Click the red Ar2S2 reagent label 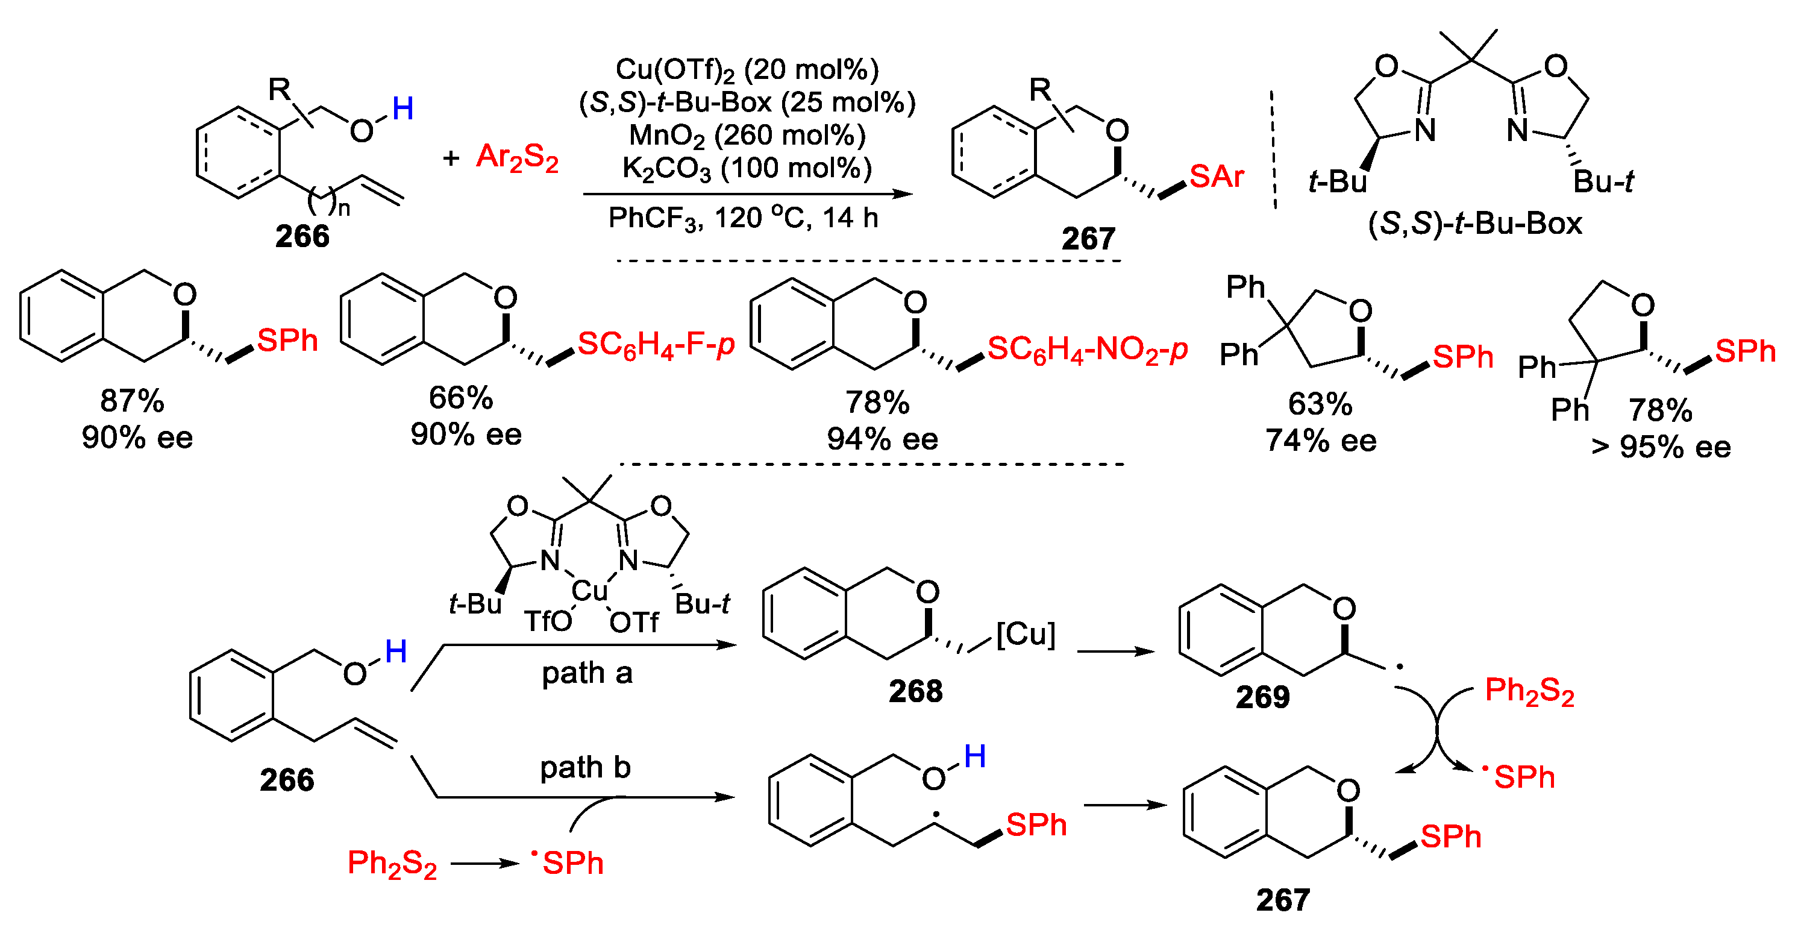click(517, 157)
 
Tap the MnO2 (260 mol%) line click(747, 135)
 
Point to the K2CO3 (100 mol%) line click(747, 169)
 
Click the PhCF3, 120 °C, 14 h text click(743, 218)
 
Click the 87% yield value click(133, 401)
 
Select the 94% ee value click(882, 439)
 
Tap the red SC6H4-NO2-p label click(1087, 349)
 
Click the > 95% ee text click(1661, 447)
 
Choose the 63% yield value click(1320, 404)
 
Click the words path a click(587, 673)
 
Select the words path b click(585, 768)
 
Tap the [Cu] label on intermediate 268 click(1026, 634)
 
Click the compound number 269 click(1262, 697)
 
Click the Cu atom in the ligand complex click(589, 591)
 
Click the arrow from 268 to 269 click(1115, 652)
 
